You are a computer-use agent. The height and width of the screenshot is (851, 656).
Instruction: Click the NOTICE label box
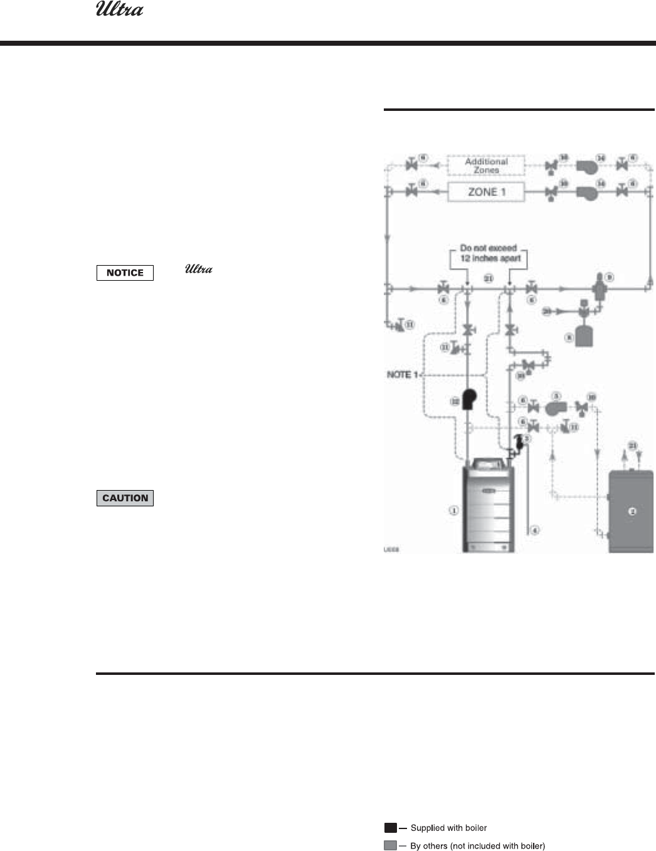pyautogui.click(x=125, y=273)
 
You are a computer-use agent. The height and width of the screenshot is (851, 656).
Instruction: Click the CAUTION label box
pyautogui.click(x=125, y=498)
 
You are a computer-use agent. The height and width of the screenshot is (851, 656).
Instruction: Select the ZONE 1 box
pyautogui.click(x=487, y=192)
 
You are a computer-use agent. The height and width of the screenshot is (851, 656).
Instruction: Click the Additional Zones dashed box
pyautogui.click(x=487, y=165)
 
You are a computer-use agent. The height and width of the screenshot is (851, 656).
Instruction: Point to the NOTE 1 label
pyautogui.click(x=398, y=374)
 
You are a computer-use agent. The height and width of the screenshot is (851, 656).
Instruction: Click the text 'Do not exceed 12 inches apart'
pyautogui.click(x=488, y=253)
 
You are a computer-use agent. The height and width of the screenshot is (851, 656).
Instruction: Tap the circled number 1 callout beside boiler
pyautogui.click(x=453, y=511)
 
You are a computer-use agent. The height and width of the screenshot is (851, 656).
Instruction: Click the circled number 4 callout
pyautogui.click(x=535, y=531)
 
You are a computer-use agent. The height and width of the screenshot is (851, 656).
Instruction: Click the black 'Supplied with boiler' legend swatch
pyautogui.click(x=390, y=828)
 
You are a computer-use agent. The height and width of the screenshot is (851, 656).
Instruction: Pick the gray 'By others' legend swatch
pyautogui.click(x=390, y=846)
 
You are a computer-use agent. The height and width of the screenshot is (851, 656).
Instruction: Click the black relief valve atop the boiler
pyautogui.click(x=518, y=442)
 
